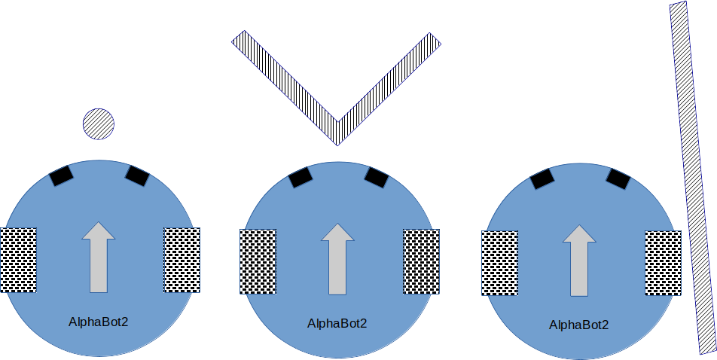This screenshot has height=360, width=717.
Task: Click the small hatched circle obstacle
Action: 98,124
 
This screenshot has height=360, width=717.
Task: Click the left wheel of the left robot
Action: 18,260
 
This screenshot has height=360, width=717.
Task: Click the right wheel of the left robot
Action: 182,260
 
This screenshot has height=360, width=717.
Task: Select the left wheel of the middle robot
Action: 258,261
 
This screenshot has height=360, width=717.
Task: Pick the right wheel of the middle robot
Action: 422,261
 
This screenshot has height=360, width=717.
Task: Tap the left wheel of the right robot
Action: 499,263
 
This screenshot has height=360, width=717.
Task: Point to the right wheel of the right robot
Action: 663,263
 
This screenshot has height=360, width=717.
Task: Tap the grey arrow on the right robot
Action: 579,260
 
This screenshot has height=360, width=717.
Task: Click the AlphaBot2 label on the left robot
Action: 99,322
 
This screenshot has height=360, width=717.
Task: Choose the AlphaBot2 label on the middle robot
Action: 337,323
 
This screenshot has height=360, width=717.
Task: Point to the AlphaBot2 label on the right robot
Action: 578,325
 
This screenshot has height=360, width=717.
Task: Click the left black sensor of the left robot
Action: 61,175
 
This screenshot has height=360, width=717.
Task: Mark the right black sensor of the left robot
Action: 137,176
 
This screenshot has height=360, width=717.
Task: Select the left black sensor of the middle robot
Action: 301,178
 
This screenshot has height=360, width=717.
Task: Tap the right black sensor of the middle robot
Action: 376,178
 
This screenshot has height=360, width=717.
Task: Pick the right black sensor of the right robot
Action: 618,179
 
